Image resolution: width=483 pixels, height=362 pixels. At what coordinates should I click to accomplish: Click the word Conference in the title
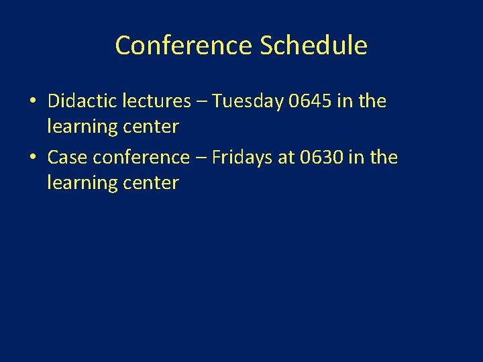coord(184,46)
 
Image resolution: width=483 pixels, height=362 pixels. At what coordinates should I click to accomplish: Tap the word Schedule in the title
coord(313,46)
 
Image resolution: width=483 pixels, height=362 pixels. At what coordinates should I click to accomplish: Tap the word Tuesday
coord(248,101)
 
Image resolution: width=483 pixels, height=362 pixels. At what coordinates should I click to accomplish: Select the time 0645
coord(311,101)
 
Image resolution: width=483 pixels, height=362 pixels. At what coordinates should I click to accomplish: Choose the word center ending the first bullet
coord(153,127)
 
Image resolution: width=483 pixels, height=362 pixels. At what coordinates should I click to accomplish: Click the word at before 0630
coord(286,158)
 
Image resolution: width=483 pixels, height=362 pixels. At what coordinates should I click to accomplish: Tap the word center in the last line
coord(153,183)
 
